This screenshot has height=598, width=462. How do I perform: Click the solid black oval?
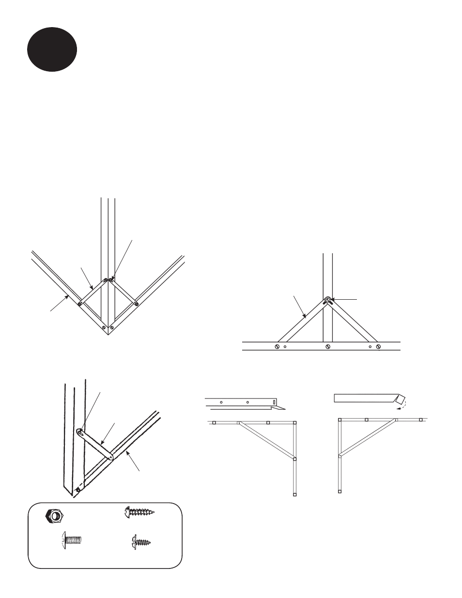coord(52,49)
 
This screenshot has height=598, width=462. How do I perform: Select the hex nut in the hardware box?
coord(53,517)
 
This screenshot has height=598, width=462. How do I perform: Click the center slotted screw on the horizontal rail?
coord(328,346)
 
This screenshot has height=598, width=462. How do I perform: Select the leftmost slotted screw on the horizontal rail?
coord(277,346)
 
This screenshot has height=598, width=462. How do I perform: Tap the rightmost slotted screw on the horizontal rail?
coord(379,346)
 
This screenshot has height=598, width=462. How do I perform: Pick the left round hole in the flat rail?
coord(221,402)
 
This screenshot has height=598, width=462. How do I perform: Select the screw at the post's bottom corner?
coord(77,491)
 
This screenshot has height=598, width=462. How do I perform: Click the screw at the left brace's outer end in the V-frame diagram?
coord(80,304)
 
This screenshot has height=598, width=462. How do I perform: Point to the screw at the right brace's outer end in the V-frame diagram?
coord(136,304)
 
